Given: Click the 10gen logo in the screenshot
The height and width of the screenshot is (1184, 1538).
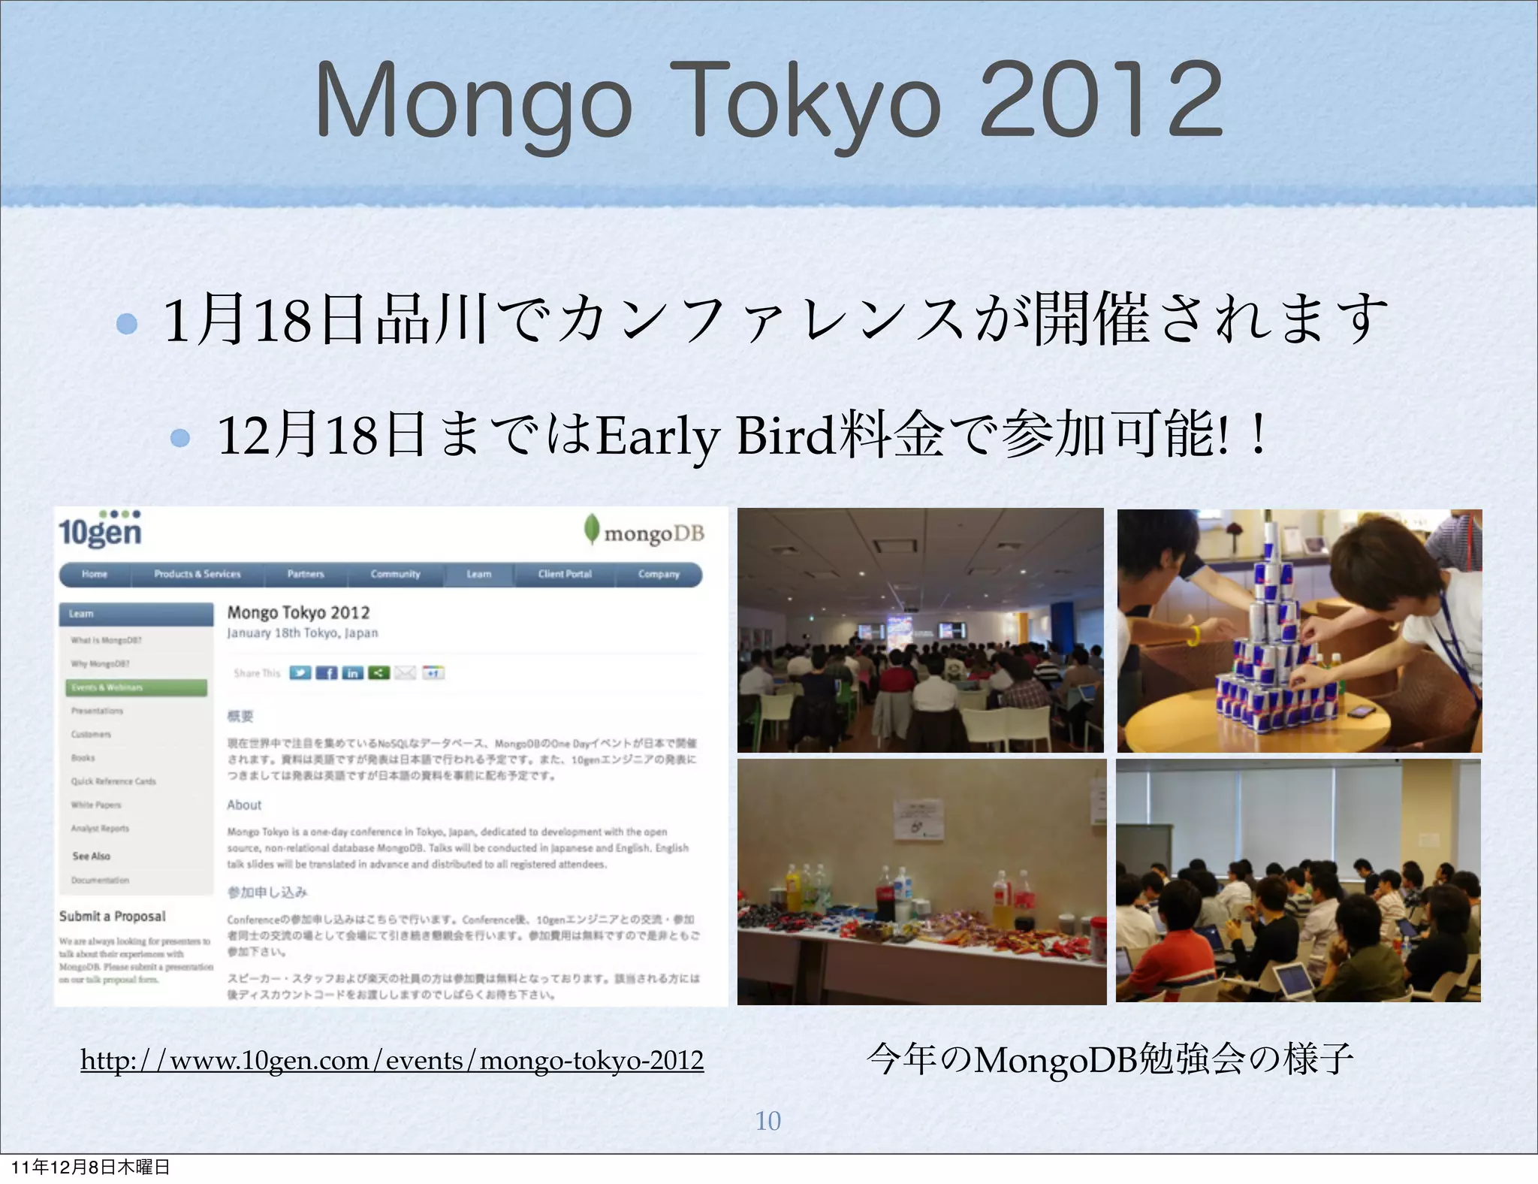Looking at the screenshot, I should tap(100, 529).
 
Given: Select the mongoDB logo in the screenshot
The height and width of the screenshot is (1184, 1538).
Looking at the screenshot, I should tap(644, 532).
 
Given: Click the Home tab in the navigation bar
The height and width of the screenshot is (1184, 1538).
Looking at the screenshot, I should tap(95, 574).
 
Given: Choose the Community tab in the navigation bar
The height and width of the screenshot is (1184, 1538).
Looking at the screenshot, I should tap(395, 574).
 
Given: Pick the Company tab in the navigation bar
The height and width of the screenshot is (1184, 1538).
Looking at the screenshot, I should tap(659, 574).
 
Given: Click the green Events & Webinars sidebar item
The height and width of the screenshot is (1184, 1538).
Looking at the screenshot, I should tap(136, 687).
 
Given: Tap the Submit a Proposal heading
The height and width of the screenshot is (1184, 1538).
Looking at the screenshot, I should tap(113, 916).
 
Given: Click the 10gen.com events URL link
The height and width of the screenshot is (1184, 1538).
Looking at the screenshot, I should tap(392, 1060).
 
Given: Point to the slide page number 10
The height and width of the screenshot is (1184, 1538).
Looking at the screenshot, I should tap(767, 1120).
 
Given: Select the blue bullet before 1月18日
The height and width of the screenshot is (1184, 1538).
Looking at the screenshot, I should tap(128, 324).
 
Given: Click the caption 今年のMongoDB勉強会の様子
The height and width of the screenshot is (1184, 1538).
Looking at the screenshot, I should tap(1109, 1059).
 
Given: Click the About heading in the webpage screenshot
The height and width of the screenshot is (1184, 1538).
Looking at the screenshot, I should tap(244, 805).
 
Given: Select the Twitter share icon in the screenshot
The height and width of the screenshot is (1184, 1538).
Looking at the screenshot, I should tap(300, 672).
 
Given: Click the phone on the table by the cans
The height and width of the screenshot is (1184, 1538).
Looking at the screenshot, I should tap(1361, 711).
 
